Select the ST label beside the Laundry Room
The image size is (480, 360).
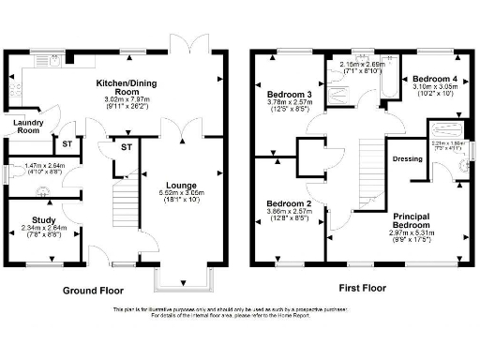tap(67, 143)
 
